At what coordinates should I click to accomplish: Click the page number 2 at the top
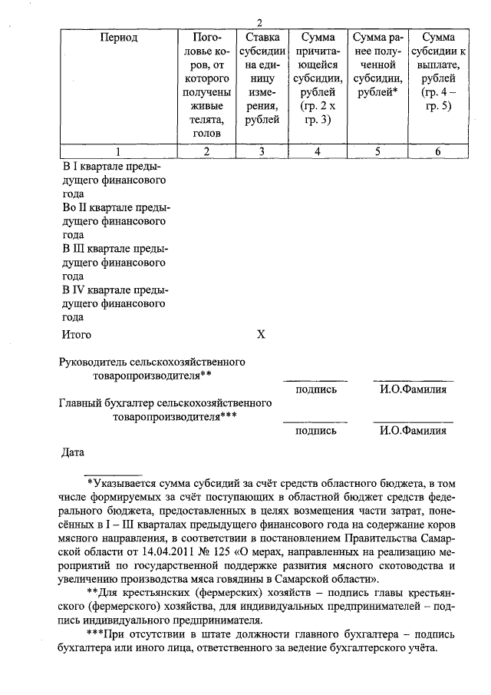(260, 22)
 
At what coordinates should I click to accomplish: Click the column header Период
(118, 37)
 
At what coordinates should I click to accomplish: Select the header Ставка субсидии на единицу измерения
(261, 78)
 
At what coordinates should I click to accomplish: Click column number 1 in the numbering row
(118, 151)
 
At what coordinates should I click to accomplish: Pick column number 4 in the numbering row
(316, 151)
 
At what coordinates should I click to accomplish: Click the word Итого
(76, 335)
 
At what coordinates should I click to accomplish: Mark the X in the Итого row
(261, 335)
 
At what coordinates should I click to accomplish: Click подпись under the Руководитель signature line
(315, 389)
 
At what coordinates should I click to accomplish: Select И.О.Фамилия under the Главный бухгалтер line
(413, 431)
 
